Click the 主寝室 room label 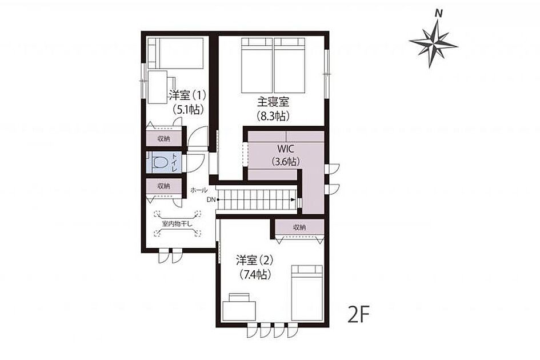coord(273,102)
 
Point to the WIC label coord(286,149)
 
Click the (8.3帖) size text coord(273,116)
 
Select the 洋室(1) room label coord(187,94)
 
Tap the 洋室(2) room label coord(255,260)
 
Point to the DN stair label coord(211,199)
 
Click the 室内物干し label coord(177,224)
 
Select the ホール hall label coord(199,190)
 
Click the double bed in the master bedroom coord(273,65)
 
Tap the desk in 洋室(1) coord(158,87)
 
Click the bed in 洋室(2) coord(307,293)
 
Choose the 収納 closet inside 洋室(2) coord(299,227)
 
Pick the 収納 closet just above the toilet coord(163,139)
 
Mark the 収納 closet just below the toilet coord(163,186)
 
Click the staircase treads coord(257,199)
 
